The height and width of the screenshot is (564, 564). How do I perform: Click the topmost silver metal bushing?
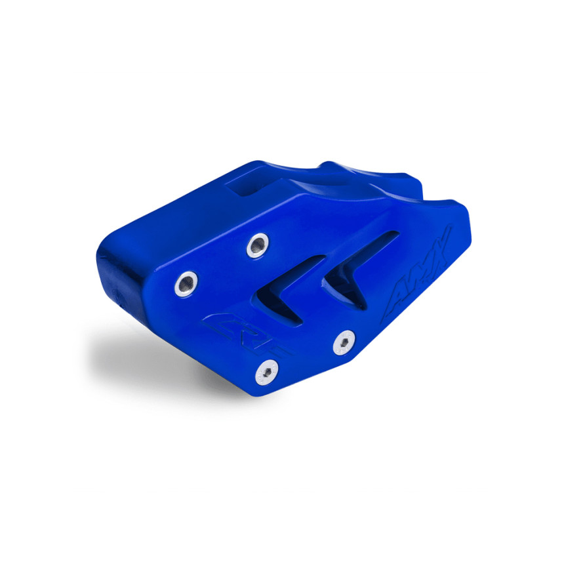point(257,245)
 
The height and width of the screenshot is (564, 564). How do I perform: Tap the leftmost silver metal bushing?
point(186,283)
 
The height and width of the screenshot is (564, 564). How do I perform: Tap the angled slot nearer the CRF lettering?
point(289,289)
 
